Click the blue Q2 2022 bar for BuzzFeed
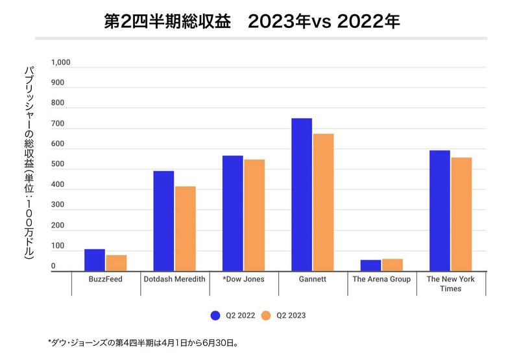(95, 260)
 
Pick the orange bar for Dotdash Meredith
(185, 228)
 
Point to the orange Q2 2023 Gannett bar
(323, 202)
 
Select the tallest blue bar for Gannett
(302, 195)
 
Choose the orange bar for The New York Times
(461, 214)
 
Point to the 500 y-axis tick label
(58, 165)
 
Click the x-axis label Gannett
(313, 280)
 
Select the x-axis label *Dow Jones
(244, 280)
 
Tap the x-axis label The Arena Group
(381, 280)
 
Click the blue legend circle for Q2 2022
(215, 316)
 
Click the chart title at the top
(252, 21)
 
